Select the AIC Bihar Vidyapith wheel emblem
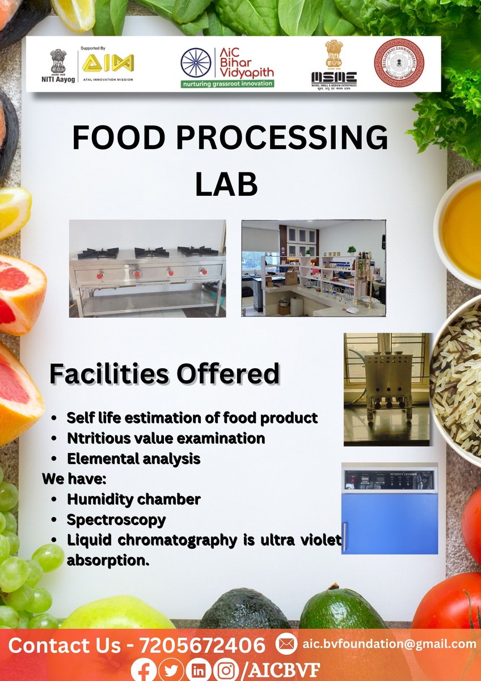tap(196, 63)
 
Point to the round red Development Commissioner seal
tap(399, 62)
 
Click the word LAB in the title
tap(226, 184)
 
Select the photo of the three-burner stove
tap(147, 268)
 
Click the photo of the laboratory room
tap(313, 268)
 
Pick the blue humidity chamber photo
tap(390, 508)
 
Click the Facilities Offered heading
tap(164, 373)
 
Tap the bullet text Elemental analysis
tap(133, 459)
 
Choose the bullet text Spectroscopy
tap(116, 520)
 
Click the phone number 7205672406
tap(202, 645)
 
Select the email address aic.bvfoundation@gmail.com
tap(389, 644)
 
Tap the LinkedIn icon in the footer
tap(199, 670)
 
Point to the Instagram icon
tap(226, 670)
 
